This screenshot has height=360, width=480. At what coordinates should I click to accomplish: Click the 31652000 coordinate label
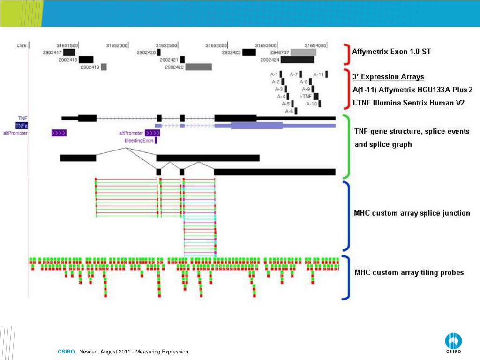click(x=117, y=45)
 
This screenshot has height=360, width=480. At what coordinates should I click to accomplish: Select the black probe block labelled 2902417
click(x=69, y=52)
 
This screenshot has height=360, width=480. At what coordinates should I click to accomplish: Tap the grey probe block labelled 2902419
click(x=104, y=67)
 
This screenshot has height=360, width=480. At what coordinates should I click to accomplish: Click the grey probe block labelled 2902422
click(x=198, y=67)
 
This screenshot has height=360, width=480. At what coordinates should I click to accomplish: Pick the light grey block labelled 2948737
click(x=303, y=52)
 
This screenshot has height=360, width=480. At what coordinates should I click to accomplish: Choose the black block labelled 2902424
click(x=297, y=60)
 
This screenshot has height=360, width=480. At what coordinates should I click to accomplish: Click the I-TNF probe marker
click(x=316, y=96)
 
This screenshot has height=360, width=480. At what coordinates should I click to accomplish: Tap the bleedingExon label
click(x=139, y=140)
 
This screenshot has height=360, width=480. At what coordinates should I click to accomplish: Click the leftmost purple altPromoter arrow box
click(x=59, y=133)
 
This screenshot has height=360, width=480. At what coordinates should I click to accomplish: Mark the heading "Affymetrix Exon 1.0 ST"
click(x=391, y=52)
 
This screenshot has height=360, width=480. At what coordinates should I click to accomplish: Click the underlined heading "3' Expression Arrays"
click(x=388, y=77)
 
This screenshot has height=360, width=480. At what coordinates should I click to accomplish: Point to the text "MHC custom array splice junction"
click(x=412, y=213)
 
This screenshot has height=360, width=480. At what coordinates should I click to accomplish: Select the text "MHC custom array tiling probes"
click(x=409, y=272)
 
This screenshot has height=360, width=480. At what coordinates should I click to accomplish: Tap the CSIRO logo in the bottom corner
click(x=453, y=343)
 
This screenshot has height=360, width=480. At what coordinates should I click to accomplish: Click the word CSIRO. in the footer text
click(x=67, y=352)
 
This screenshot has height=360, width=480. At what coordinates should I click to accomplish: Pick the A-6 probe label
click(x=289, y=111)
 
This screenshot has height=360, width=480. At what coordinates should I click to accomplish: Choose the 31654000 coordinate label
click(x=315, y=45)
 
